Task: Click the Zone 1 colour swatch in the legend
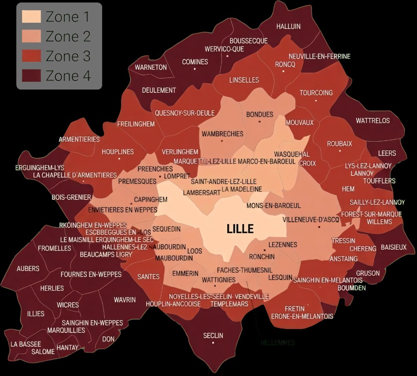pyautogui.click(x=31, y=17)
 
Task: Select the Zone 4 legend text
pyautogui.click(x=68, y=76)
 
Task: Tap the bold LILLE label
pyautogui.click(x=240, y=229)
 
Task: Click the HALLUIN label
pyautogui.click(x=288, y=26)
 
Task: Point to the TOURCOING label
pyautogui.click(x=316, y=93)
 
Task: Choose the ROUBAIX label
pyautogui.click(x=340, y=144)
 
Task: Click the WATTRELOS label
pyautogui.click(x=373, y=121)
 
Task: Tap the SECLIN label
pyautogui.click(x=213, y=335)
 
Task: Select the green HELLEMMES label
pyautogui.click(x=277, y=343)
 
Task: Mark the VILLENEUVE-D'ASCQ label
pyautogui.click(x=311, y=220)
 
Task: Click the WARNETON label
pyautogui.click(x=151, y=67)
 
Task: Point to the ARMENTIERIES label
pyautogui.click(x=79, y=139)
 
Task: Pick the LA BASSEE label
pyautogui.click(x=26, y=344)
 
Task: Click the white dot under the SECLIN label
pyautogui.click(x=213, y=343)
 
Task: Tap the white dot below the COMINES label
pyautogui.click(x=195, y=69)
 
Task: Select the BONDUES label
pyautogui.click(x=259, y=115)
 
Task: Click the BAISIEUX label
pyautogui.click(x=393, y=247)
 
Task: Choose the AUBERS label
pyautogui.click(x=28, y=269)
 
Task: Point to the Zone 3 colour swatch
pyautogui.click(x=31, y=56)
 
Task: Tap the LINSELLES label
pyautogui.click(x=244, y=80)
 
